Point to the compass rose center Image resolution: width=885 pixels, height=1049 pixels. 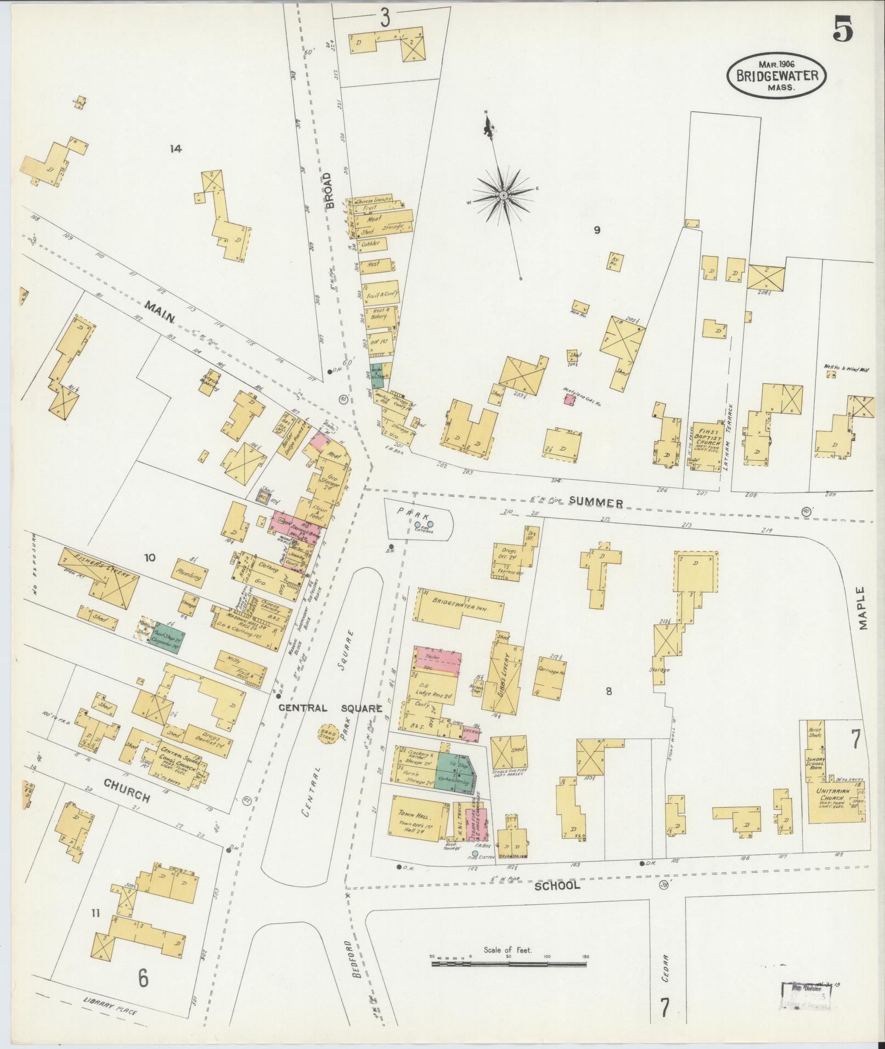tap(503, 195)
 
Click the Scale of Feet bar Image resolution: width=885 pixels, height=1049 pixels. tap(509, 963)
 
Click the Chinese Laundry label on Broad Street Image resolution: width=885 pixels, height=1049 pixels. tap(373, 201)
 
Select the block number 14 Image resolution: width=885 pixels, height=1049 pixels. tap(176, 148)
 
